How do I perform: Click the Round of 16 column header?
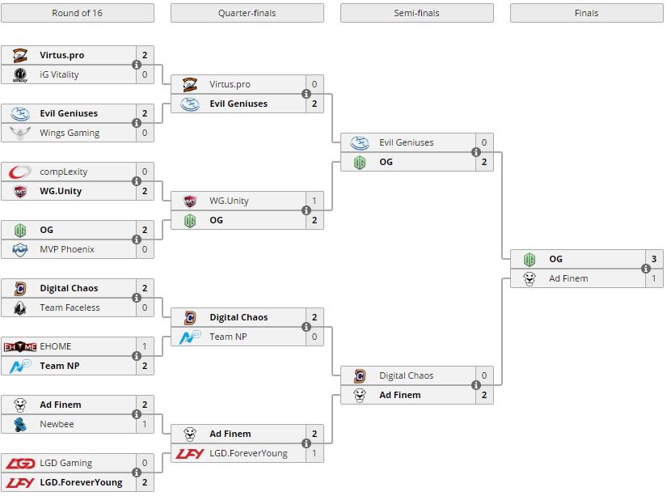pyautogui.click(x=77, y=13)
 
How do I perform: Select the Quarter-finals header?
pyautogui.click(x=247, y=13)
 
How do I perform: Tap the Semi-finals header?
pyautogui.click(x=416, y=13)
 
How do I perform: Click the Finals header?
pyautogui.click(x=586, y=13)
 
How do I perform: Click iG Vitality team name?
pyautogui.click(x=59, y=74)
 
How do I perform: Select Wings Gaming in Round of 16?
pyautogui.click(x=70, y=133)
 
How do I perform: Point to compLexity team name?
pyautogui.click(x=63, y=172)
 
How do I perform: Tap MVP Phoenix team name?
pyautogui.click(x=67, y=249)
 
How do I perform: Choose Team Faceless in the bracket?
pyautogui.click(x=70, y=307)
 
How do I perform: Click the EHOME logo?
pyautogui.click(x=20, y=346)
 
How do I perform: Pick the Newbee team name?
pyautogui.click(x=57, y=424)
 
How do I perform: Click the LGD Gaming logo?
pyautogui.click(x=20, y=463)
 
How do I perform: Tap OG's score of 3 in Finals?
pyautogui.click(x=653, y=259)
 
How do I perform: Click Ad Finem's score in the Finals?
pyautogui.click(x=653, y=278)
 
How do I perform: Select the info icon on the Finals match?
pyautogui.click(x=646, y=269)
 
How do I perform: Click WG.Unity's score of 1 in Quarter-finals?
pyautogui.click(x=314, y=201)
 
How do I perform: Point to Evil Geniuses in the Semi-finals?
pyautogui.click(x=406, y=142)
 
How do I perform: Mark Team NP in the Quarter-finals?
pyautogui.click(x=228, y=337)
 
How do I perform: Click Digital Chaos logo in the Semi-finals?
pyautogui.click(x=360, y=375)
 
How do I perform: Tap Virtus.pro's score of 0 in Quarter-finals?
pyautogui.click(x=314, y=84)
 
